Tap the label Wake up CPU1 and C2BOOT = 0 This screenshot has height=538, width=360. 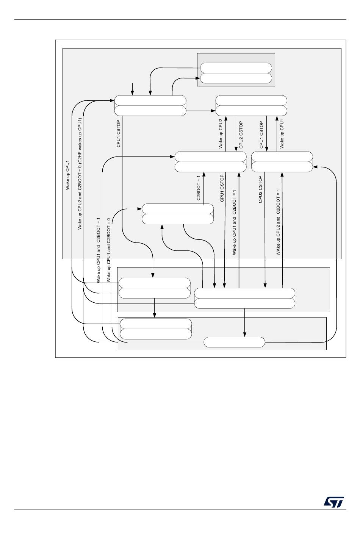pos(109,250)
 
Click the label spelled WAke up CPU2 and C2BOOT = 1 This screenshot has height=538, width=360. pos(279,222)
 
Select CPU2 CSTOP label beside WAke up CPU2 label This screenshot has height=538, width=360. pos(261,189)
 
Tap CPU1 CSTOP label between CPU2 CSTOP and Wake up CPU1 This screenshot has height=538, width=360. pos(261,134)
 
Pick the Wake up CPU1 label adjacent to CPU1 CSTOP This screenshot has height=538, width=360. pos(282,134)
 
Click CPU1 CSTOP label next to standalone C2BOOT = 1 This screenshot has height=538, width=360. pos(222,188)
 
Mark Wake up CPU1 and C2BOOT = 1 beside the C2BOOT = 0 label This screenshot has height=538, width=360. pos(99,250)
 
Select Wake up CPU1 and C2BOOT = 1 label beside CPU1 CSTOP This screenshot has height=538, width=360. pos(235,222)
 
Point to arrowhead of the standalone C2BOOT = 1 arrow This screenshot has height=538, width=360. pos(204,174)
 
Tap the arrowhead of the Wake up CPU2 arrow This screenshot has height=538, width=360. pos(226,118)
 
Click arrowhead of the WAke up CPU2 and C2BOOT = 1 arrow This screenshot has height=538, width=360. pos(282,174)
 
